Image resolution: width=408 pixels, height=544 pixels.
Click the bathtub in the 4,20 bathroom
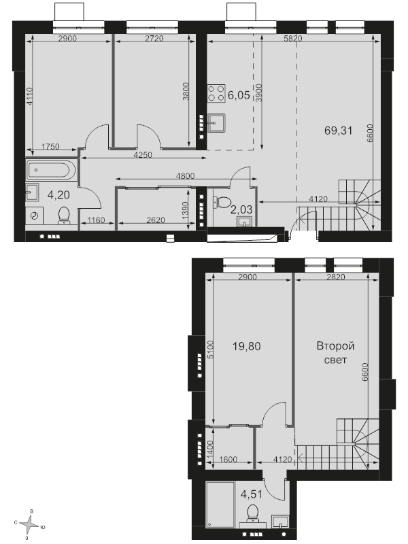click(50, 170)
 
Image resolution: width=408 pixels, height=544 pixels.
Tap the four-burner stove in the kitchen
click(216, 93)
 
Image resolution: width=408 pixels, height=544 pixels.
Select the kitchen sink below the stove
click(216, 122)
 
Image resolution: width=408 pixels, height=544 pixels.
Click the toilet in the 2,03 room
click(222, 201)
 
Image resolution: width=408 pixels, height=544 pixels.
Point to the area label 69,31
click(338, 131)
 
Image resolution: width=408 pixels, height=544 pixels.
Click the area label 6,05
click(239, 95)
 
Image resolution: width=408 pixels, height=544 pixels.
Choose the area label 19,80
click(246, 346)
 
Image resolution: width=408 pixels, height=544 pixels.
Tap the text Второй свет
click(335, 353)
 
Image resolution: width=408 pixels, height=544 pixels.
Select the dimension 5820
click(293, 39)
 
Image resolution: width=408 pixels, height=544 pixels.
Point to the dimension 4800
click(185, 176)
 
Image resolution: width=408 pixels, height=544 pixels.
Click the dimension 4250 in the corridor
click(143, 155)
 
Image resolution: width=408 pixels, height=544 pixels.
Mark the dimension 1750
click(50, 147)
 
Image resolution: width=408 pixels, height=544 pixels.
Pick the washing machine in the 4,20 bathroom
click(35, 216)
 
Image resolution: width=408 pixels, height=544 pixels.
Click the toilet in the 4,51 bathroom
click(252, 513)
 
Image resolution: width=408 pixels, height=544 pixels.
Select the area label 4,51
click(251, 494)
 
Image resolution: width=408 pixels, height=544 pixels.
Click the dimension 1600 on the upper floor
click(228, 460)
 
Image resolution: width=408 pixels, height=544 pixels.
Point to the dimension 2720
click(154, 39)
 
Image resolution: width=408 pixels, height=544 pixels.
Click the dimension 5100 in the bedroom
click(212, 350)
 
